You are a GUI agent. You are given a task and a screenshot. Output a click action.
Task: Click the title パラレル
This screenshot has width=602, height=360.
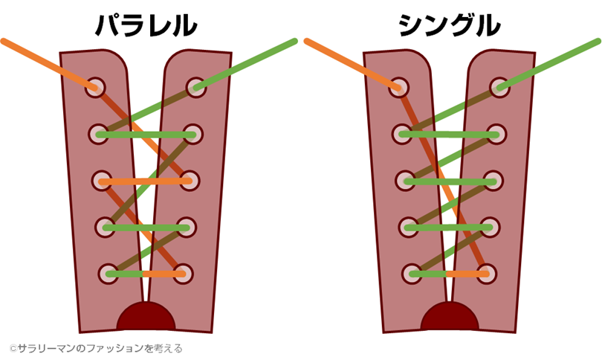(146, 25)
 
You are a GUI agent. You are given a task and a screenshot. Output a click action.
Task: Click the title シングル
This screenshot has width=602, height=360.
(449, 25)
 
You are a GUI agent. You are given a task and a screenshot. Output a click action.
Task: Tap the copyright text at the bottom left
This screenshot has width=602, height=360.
(96, 347)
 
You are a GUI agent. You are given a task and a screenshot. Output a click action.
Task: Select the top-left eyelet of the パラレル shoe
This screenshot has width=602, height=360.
(95, 86)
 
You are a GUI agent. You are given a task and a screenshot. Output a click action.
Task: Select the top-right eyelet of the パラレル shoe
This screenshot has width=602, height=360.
(195, 87)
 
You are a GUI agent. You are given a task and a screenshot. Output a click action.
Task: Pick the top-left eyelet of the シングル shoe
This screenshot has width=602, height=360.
(399, 86)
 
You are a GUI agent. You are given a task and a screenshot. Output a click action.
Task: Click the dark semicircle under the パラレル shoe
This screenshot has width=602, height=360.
(146, 318)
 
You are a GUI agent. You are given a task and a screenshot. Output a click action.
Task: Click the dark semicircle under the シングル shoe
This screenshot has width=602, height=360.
(450, 318)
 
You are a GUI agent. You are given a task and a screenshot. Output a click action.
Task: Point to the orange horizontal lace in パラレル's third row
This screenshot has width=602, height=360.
(145, 181)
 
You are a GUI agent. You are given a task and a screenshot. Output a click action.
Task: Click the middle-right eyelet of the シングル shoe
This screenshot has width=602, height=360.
(494, 181)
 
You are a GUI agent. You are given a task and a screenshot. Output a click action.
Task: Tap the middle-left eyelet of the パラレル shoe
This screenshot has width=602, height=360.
(102, 181)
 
